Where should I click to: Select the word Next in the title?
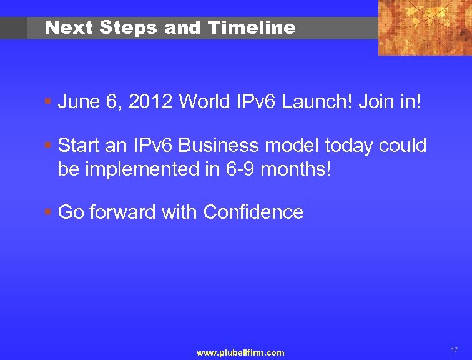[68, 27]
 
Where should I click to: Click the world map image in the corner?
[425, 27]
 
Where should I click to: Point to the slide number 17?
[454, 349]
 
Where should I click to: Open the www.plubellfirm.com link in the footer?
[240, 353]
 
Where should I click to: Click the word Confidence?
[253, 212]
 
